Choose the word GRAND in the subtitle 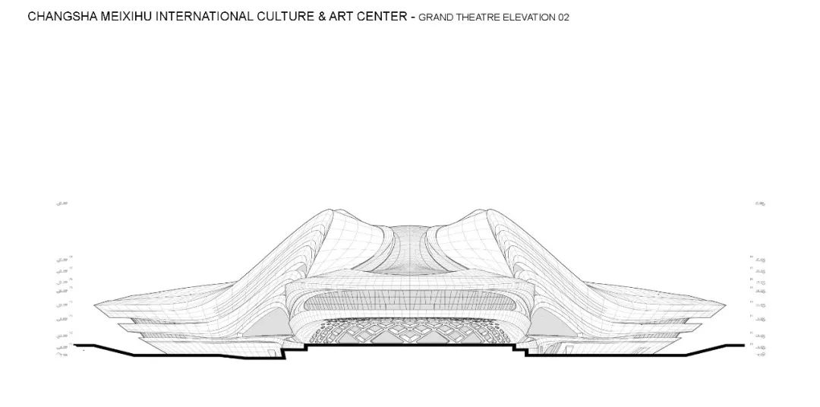click(434, 17)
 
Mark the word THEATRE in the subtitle click(476, 17)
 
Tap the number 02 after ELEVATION click(563, 17)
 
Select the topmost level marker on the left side click(62, 204)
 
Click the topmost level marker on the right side click(760, 204)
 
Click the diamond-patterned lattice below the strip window click(410, 331)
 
